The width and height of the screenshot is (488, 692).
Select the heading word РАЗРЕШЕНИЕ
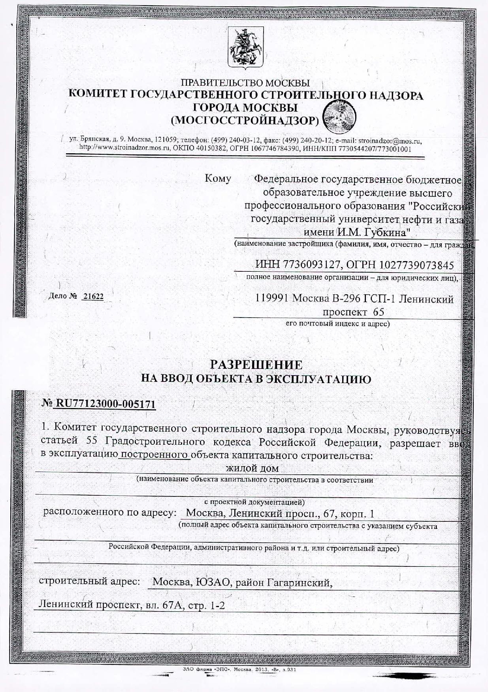(x=256, y=365)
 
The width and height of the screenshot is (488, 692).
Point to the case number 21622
(x=92, y=297)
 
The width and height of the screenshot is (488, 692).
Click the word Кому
(x=218, y=179)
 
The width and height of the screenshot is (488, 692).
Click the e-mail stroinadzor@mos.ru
(x=390, y=140)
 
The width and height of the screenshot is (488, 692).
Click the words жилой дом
(x=252, y=468)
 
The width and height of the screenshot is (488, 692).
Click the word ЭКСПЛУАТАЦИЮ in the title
(x=318, y=379)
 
